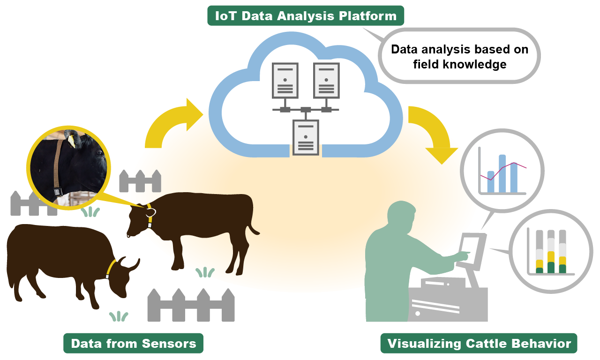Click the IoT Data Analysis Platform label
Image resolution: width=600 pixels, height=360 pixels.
[305, 16]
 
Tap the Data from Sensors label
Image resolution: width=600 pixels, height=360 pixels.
[133, 344]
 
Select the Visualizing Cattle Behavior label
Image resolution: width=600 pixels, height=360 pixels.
[478, 344]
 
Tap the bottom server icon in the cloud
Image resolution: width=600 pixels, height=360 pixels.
[305, 136]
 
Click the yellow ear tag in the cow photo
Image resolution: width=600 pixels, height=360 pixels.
[71, 140]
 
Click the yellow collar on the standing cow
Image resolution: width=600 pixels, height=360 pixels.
[150, 214]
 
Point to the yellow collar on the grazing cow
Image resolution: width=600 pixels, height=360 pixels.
[111, 267]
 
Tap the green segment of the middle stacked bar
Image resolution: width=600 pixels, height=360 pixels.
[551, 268]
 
